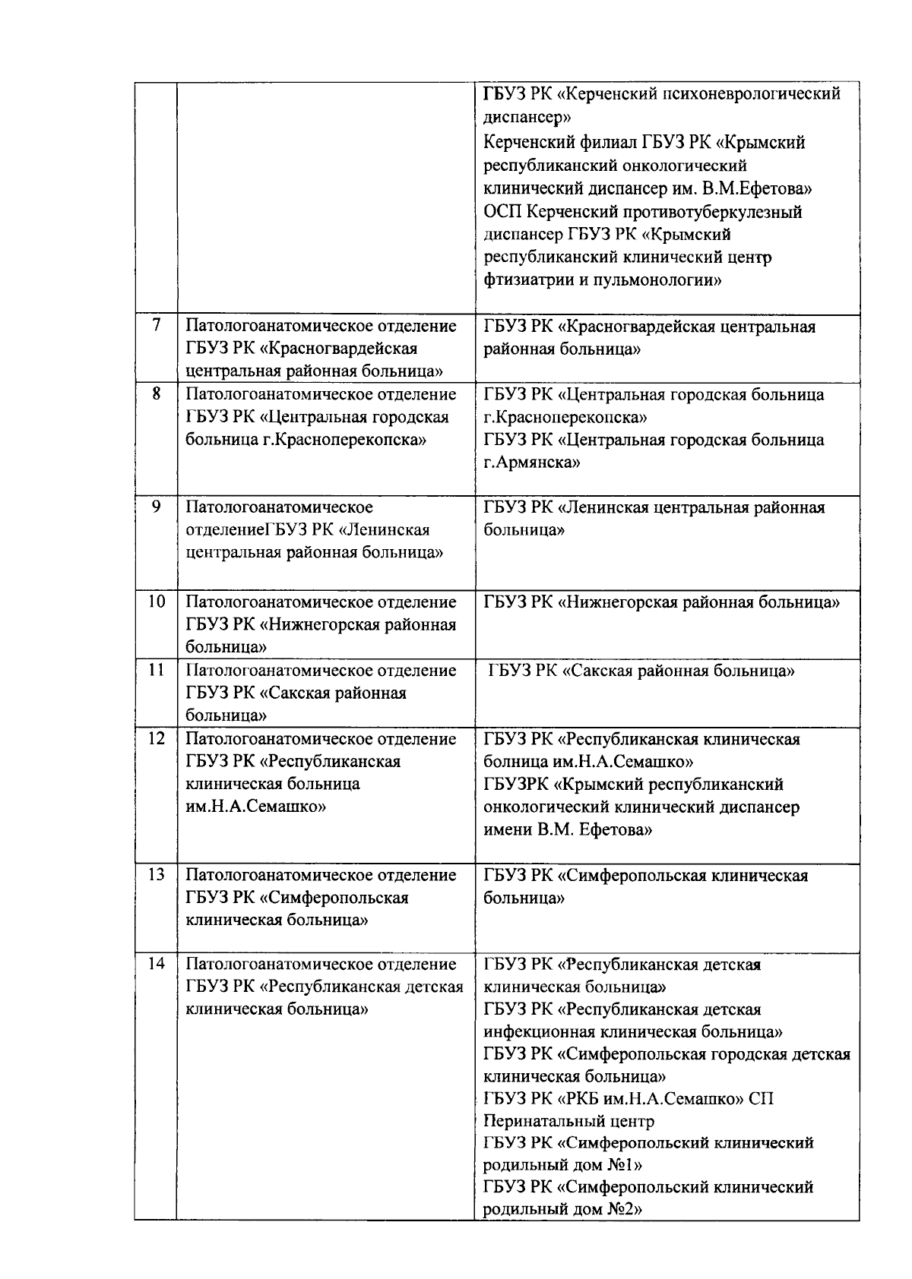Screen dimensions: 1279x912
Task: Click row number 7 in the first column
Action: coord(156,326)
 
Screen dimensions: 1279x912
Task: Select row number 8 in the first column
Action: coord(156,394)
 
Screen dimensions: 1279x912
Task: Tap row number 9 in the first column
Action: coord(156,507)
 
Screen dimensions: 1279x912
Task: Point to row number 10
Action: coord(156,602)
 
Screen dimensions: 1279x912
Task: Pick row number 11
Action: coord(156,671)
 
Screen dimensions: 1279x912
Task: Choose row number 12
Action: coord(156,739)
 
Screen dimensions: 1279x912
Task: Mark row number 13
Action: coord(156,875)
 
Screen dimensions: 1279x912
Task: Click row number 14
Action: coord(156,964)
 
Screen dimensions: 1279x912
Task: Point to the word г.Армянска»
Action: coord(531,463)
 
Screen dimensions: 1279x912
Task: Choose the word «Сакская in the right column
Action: coord(601,671)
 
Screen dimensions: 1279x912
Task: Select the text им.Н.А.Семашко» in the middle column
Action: coord(256,807)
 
